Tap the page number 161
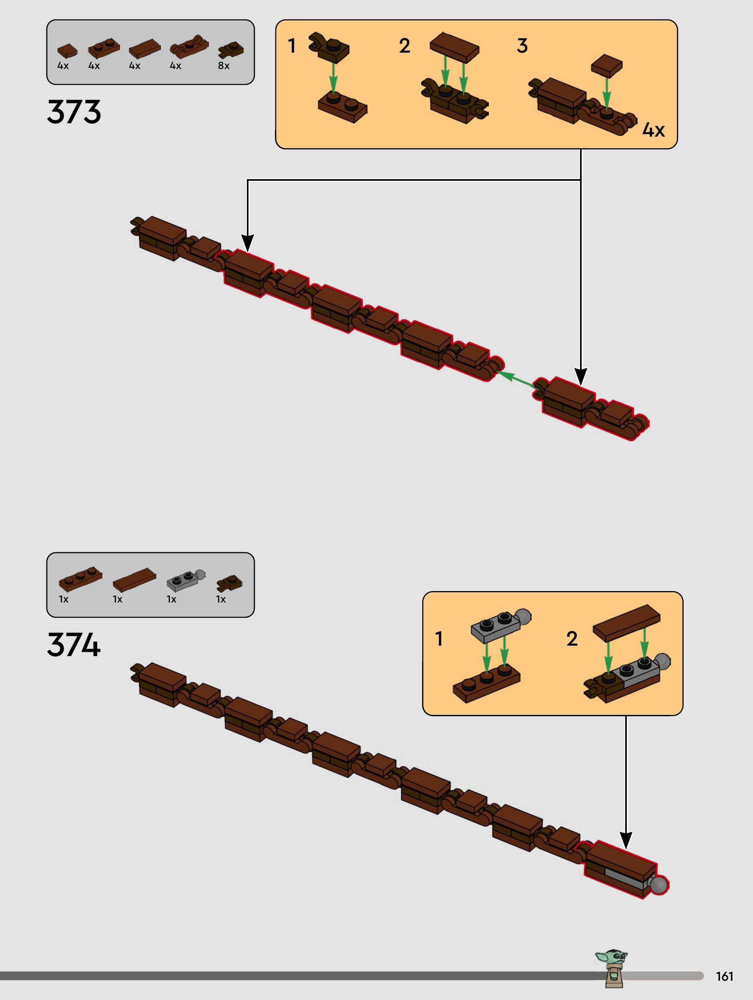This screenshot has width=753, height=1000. [x=724, y=976]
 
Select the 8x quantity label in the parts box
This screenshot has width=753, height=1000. [x=223, y=66]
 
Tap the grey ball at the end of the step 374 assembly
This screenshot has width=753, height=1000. [x=658, y=884]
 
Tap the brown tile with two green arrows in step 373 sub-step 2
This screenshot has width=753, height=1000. [x=454, y=46]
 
